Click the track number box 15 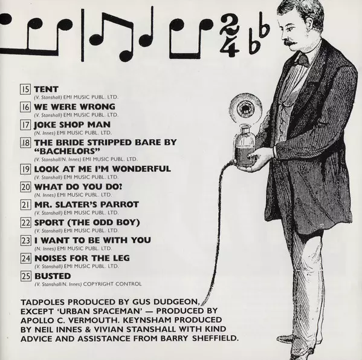pos(25,89)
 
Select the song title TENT pos(46,89)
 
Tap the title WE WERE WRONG pos(74,106)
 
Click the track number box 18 pos(25,143)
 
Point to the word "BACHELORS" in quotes pos(68,151)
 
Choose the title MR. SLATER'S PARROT pos(86,205)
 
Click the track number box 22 pos(25,223)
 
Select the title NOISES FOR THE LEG pos(82,258)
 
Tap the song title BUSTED pos(53,276)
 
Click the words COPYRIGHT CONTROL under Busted pos(112,284)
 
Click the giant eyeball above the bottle pos(245,109)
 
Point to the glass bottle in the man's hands pos(245,145)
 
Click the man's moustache pos(291,43)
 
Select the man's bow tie pos(302,59)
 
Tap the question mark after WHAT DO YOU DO pos(120,187)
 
